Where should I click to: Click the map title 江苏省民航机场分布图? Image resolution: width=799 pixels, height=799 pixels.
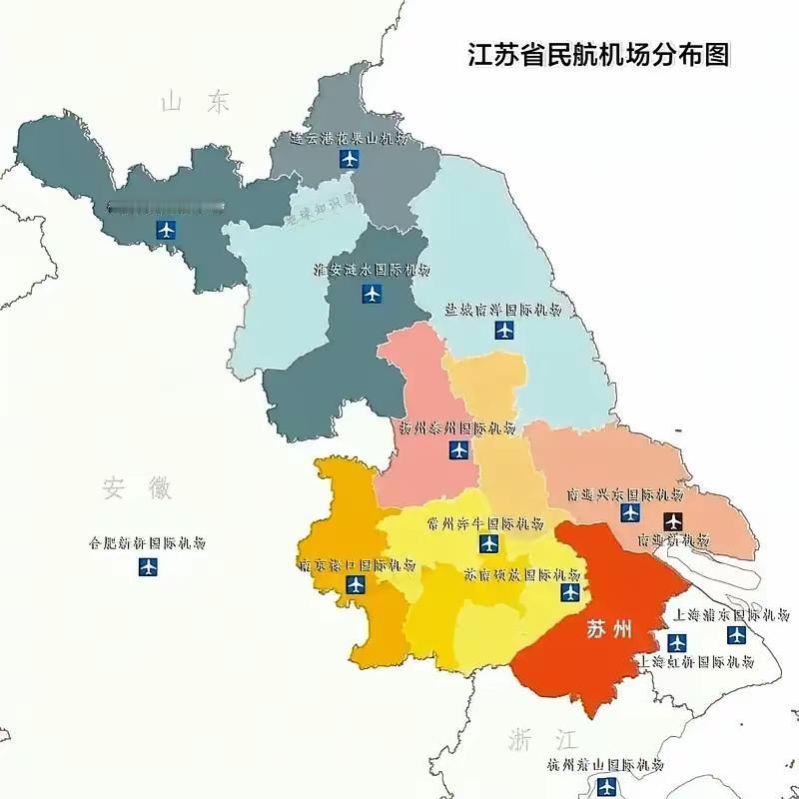[x=598, y=54]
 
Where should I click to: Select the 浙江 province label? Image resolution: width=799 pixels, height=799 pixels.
[x=542, y=740]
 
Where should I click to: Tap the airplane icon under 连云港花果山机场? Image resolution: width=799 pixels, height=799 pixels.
[x=349, y=160]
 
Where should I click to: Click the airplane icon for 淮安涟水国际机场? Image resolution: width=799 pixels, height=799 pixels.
[x=372, y=294]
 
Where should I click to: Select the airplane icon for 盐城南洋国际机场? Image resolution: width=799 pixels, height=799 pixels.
[x=505, y=330]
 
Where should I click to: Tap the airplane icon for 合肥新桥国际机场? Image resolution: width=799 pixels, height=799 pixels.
[x=149, y=567]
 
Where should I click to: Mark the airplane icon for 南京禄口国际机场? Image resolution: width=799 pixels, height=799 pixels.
[x=356, y=585]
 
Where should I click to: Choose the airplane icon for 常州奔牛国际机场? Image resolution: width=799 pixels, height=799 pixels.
[x=488, y=543]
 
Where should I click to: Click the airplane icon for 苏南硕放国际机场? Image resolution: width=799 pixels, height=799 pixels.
[x=570, y=593]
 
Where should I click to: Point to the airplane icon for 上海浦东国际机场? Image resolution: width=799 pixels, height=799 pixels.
[x=737, y=634]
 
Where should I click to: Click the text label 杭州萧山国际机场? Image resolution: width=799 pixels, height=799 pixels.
[x=605, y=765]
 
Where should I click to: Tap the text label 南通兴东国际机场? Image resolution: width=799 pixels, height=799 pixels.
[x=625, y=494]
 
